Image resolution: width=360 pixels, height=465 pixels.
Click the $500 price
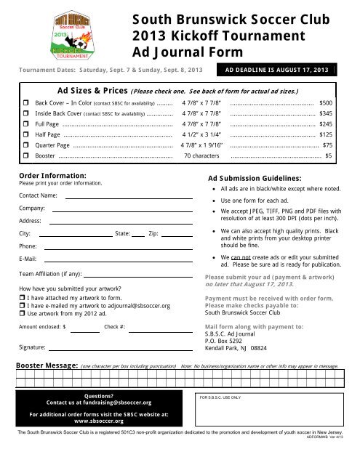tap(326, 104)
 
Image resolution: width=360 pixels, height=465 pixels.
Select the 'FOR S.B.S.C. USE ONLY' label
tap(220, 398)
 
